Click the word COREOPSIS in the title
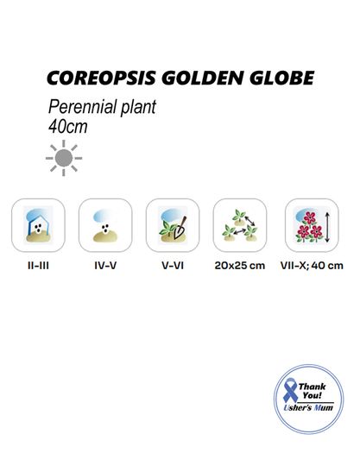point(102,78)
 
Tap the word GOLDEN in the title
point(202,78)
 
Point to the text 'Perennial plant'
point(103,107)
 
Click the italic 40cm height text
point(68,127)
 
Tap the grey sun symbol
point(64,158)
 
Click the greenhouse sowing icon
point(38,225)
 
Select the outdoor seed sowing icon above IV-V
point(105,225)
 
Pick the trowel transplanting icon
point(173,225)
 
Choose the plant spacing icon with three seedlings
point(240,225)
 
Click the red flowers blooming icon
point(312,225)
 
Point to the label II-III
point(38,266)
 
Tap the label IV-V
point(105,266)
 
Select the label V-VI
point(173,266)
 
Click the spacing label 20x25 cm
point(240,266)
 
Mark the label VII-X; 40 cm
point(312,266)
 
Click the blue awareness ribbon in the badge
point(291,391)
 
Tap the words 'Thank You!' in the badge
point(313,391)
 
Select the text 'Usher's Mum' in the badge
point(308,407)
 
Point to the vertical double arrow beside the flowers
point(327,227)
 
